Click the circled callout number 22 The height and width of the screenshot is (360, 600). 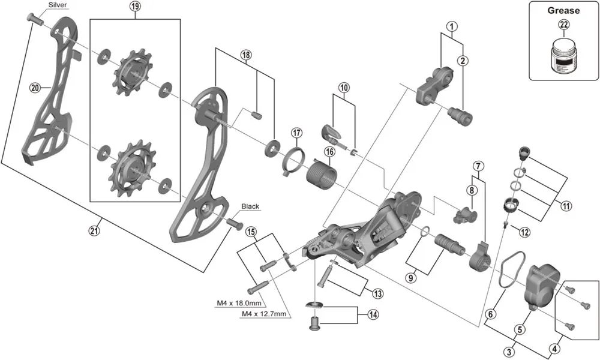(564, 25)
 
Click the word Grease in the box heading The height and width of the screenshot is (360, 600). (564, 10)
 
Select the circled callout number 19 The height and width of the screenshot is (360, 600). (134, 7)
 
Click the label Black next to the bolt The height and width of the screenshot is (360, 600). (250, 206)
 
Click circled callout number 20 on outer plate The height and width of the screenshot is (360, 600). (35, 88)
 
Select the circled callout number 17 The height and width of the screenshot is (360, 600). (296, 133)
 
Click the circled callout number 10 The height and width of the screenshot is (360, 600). (343, 88)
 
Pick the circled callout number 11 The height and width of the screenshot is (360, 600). (566, 206)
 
